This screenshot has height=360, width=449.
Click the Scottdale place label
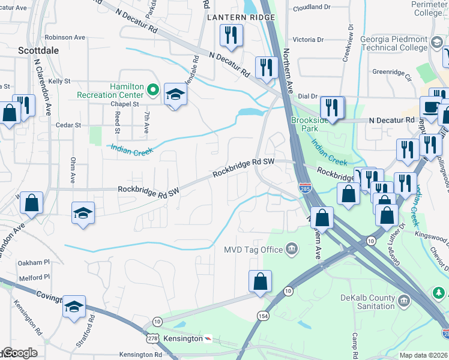click(x=38, y=50)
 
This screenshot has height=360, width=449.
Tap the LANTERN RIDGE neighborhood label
click(x=235, y=17)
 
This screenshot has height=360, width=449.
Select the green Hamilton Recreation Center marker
click(x=153, y=91)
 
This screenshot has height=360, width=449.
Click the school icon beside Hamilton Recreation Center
click(x=175, y=95)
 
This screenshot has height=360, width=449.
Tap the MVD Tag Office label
click(x=253, y=249)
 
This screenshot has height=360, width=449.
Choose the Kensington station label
click(x=183, y=338)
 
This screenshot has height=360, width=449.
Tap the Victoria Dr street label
click(x=308, y=40)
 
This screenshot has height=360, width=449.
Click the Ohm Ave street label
click(x=73, y=170)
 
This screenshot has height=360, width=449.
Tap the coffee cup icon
click(x=430, y=107)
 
